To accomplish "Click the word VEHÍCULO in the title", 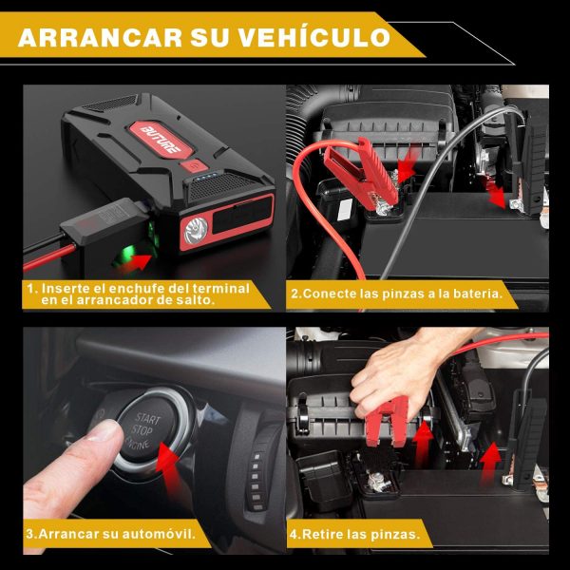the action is (314, 37).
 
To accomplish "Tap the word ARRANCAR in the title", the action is (100, 37).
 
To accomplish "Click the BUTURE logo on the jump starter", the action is (161, 140).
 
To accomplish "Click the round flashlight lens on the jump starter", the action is (196, 230).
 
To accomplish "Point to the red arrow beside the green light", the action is (135, 263).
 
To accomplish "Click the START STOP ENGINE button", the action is (147, 430).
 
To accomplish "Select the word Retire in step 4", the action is (322, 534).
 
